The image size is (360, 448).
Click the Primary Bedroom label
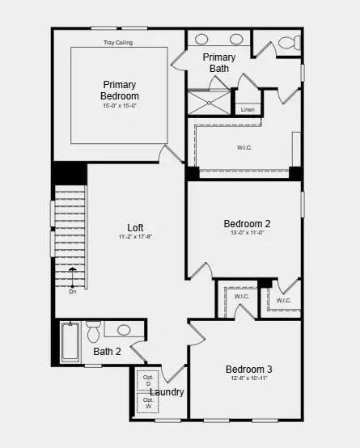[x=119, y=90]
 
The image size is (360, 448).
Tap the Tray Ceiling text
[x=118, y=42]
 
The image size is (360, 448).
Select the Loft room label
[x=136, y=227]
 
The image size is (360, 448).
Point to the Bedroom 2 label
[x=247, y=224]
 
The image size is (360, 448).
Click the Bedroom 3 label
[x=248, y=370]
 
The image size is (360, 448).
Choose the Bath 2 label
[x=107, y=352]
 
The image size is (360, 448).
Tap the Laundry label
[x=167, y=392]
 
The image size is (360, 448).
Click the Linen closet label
[x=248, y=109]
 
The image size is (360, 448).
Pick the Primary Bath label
[x=219, y=62]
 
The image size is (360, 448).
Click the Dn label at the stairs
[x=73, y=292]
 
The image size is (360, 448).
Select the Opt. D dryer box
[x=149, y=381]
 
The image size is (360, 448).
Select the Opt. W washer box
[x=149, y=403]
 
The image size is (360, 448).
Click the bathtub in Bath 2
[x=70, y=342]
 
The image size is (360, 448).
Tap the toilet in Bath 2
[x=93, y=332]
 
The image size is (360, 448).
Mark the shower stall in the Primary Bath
[x=209, y=103]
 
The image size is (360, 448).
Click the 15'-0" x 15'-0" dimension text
[x=119, y=106]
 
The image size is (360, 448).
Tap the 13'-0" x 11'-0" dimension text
[x=247, y=233]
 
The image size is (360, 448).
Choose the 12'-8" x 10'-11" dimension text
[x=248, y=378]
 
